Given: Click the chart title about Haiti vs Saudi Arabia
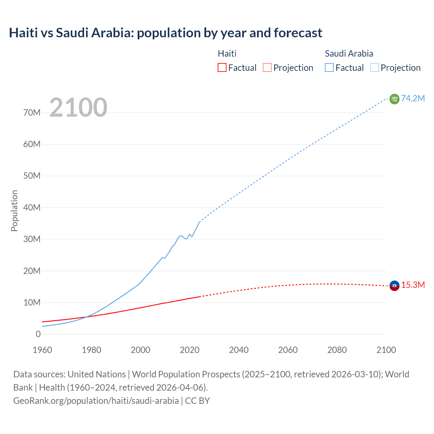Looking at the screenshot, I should coord(165,33).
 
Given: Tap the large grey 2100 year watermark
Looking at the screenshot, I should coord(78,107).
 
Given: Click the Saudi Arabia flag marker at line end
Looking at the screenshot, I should coord(394,99).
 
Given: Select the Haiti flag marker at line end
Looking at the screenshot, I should coord(394,285).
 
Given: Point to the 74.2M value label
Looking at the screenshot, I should coord(413,98).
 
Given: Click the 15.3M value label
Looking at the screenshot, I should coord(413,285).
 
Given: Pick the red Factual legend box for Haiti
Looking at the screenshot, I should coord(222,67).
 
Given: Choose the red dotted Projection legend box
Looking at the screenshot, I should coord(267,67).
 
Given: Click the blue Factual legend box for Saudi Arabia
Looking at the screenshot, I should coord(329,67).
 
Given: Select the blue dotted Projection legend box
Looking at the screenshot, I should coord(375,67).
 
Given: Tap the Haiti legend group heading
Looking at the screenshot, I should coord(227,54).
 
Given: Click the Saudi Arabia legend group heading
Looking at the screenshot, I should coord(349,54).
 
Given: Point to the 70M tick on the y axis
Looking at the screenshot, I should coord(32,113).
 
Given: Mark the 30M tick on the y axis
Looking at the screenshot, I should coord(32,239).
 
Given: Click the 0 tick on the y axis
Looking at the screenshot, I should coord(38,334).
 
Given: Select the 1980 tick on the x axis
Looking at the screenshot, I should coord(92,350).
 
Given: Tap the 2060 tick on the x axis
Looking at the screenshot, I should coord(288,350).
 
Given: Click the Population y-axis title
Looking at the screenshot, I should coord(14,211).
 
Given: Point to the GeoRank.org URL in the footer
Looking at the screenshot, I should coord(96,400).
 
